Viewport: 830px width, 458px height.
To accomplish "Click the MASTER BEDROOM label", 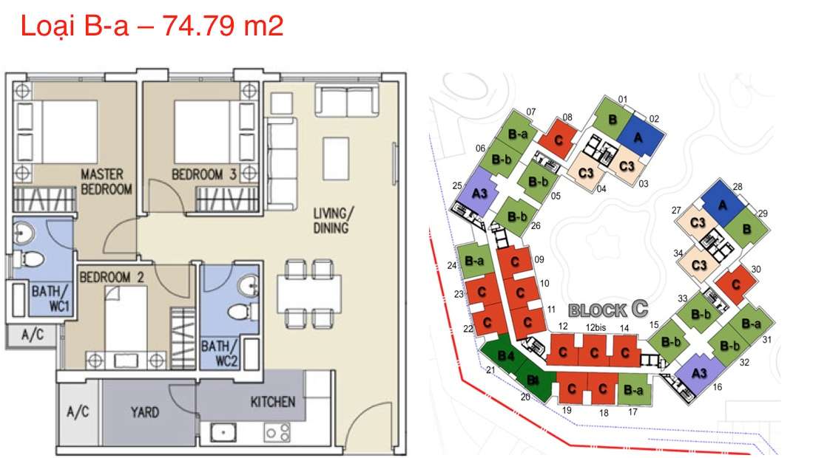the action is (x=106, y=182).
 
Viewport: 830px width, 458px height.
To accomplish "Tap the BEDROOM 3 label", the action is (x=203, y=174).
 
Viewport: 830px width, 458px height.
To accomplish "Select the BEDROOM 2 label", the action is (x=111, y=276).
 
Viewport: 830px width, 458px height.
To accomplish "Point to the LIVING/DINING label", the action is (x=332, y=221).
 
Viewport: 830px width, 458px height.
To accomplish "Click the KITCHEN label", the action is (x=273, y=402).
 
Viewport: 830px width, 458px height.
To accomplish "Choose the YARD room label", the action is (x=144, y=412).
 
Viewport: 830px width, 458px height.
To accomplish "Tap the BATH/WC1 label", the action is (x=50, y=299).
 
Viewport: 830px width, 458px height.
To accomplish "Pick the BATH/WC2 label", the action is (x=220, y=354).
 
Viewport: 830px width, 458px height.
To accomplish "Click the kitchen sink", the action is (x=223, y=432).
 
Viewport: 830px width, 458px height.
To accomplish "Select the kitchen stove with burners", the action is (x=277, y=432).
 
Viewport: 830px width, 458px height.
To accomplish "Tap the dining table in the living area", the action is (x=309, y=294).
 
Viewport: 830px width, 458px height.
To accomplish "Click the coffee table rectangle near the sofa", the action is (x=336, y=159).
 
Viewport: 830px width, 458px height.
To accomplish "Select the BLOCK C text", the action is (x=608, y=310).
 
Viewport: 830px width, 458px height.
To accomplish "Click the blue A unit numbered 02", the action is (x=639, y=137).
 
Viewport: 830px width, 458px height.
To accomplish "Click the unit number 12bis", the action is (x=595, y=327).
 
